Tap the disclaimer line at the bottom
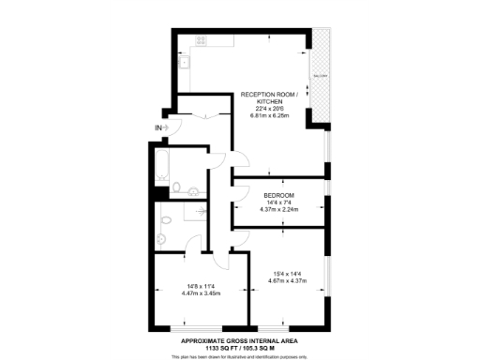[240, 356]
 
